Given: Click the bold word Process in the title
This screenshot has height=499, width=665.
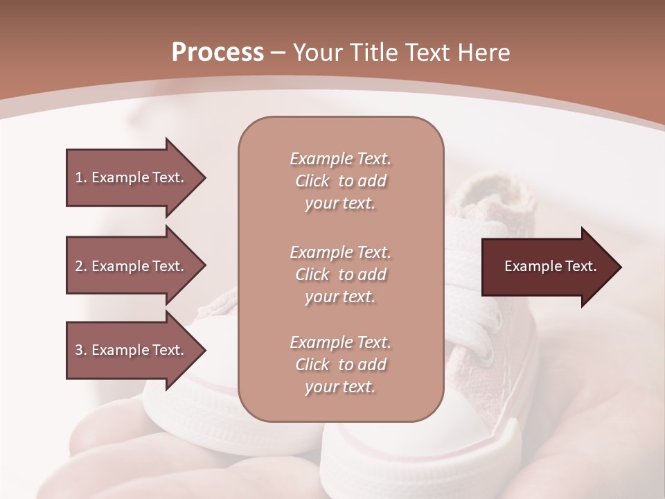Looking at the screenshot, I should tap(218, 53).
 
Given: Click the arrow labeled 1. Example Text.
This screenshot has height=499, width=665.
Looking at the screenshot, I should tap(132, 177).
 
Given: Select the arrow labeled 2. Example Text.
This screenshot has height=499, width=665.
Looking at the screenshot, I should tap(132, 266).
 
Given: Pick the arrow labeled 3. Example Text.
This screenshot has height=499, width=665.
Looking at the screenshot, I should tap(132, 350).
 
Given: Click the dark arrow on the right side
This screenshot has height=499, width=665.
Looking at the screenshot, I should tap(547, 267).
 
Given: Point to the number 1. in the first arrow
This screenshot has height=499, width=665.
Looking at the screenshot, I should tap(80, 177).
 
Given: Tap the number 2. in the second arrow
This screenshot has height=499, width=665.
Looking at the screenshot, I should tap(80, 266).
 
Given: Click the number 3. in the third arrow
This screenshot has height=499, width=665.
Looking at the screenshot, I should tap(80, 350).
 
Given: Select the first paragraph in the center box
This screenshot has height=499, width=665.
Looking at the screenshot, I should tap(340, 181).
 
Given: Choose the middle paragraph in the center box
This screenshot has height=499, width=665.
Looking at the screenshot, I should tap(340, 274).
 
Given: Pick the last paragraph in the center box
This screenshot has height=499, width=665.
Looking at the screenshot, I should tap(340, 365).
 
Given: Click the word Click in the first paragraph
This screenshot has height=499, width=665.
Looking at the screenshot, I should tap(312, 181).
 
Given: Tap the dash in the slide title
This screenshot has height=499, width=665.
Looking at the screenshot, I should tap(278, 53).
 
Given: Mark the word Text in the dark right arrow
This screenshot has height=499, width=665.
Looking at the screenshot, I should tap(580, 266).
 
